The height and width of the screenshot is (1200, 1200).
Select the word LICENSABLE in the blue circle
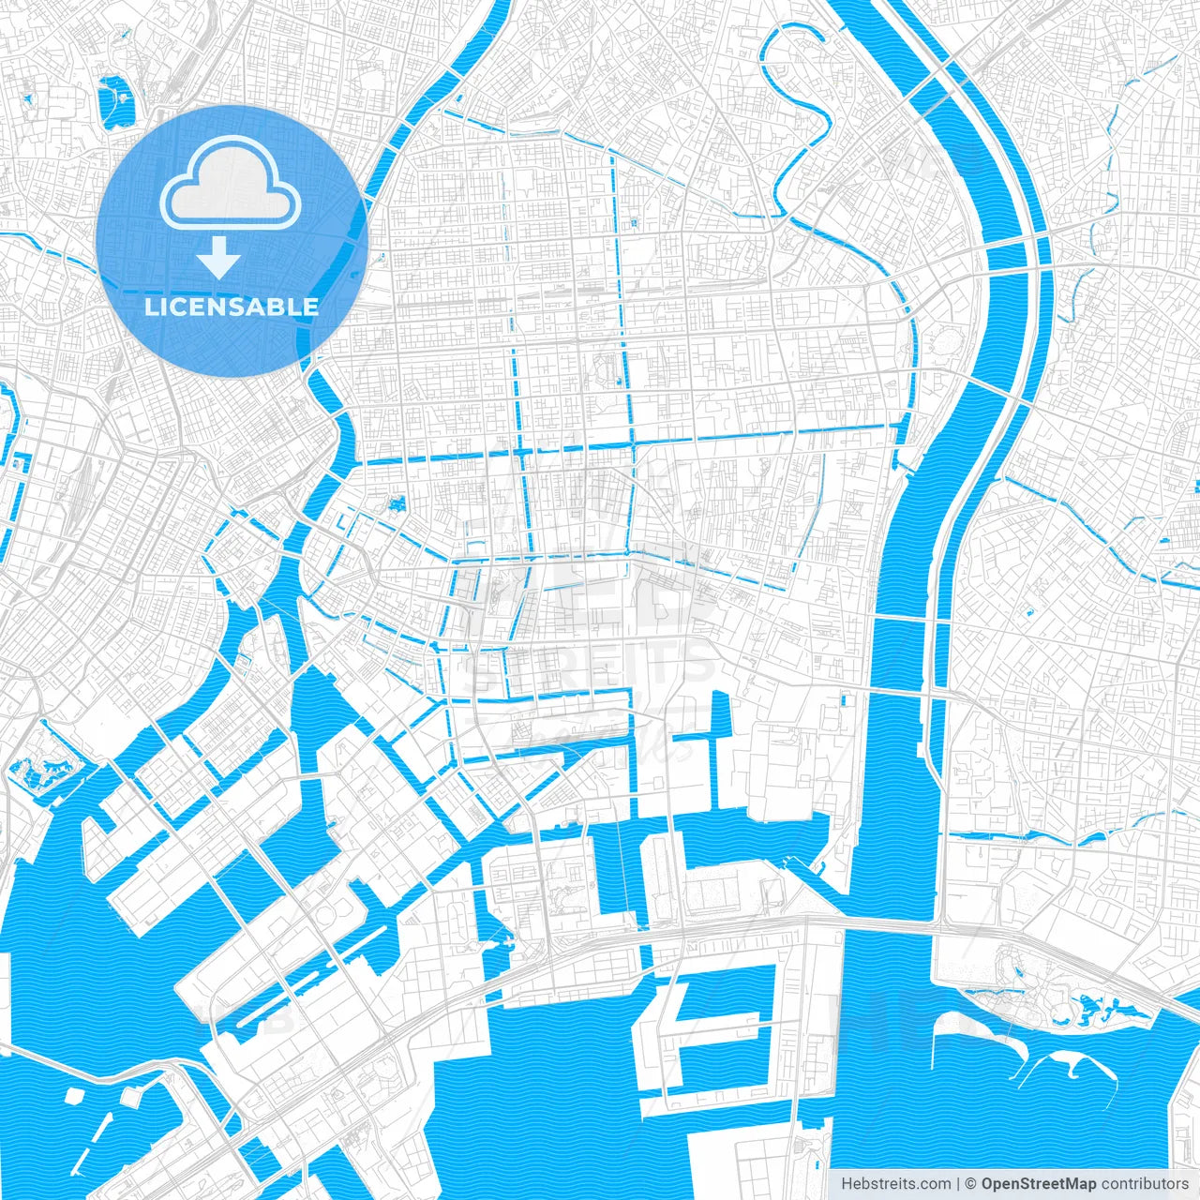[231, 307]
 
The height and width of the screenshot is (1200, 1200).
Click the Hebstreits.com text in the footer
[895, 1184]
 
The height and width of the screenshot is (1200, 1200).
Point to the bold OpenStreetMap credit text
[1038, 1184]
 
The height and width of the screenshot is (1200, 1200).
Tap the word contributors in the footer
[1144, 1184]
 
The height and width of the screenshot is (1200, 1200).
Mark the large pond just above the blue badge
[115, 100]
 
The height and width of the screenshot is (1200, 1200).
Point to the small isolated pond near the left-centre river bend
[396, 503]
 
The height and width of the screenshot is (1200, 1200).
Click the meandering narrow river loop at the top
[797, 112]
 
